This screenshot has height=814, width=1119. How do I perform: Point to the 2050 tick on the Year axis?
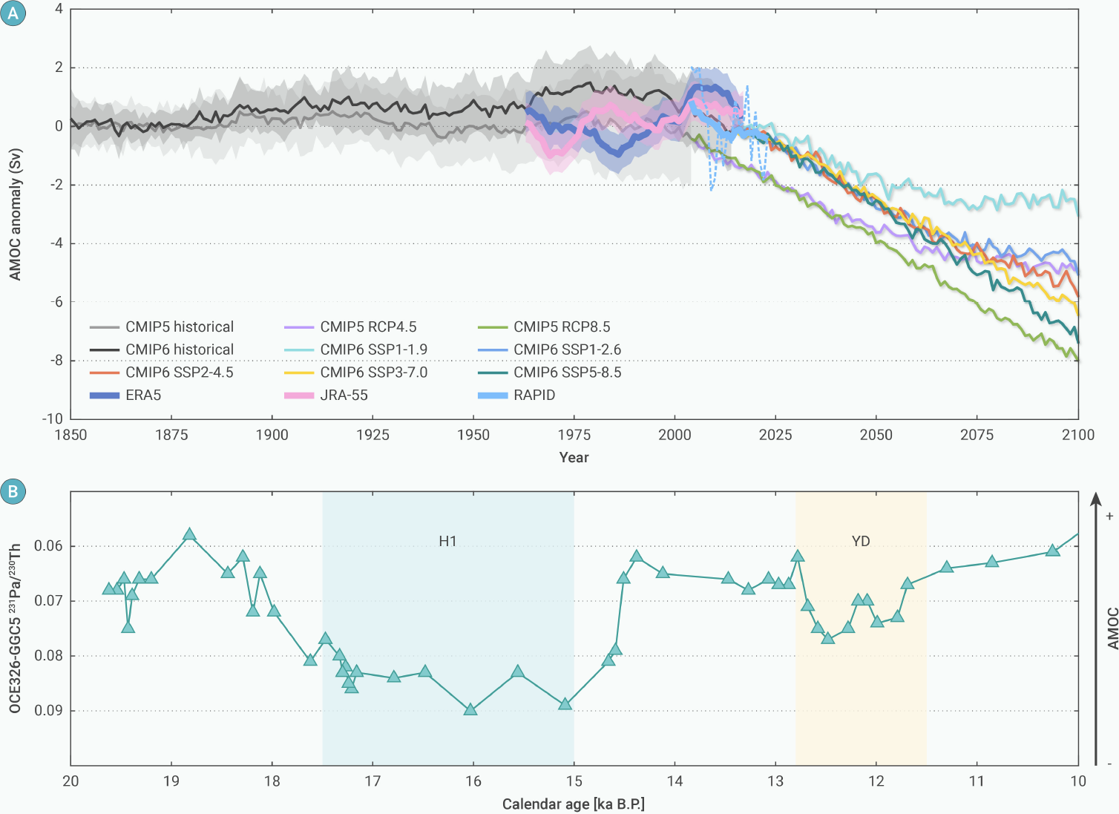coord(876,435)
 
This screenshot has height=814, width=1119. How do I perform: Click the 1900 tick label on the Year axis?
coord(272,435)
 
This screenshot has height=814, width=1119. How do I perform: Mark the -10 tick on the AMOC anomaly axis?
coord(53,419)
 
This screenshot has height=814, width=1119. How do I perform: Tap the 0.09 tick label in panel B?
coord(49,710)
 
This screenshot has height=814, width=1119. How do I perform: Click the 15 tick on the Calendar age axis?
coord(574,781)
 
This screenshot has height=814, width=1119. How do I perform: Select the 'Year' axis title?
coord(574,457)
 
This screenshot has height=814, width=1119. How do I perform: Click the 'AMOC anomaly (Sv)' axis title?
coord(16,215)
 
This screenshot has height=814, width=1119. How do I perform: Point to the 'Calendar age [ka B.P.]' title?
coord(574,804)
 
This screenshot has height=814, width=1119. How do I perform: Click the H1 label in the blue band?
coord(447,541)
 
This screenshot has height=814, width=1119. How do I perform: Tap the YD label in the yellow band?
coord(861,541)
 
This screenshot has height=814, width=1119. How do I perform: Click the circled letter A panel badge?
coord(13,13)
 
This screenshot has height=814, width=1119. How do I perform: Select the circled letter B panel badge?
coord(13,491)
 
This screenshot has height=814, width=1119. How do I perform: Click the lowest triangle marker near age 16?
coord(470,709)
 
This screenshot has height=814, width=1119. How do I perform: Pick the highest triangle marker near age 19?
coord(189,534)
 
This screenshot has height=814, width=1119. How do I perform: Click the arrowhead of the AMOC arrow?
coord(1096,498)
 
